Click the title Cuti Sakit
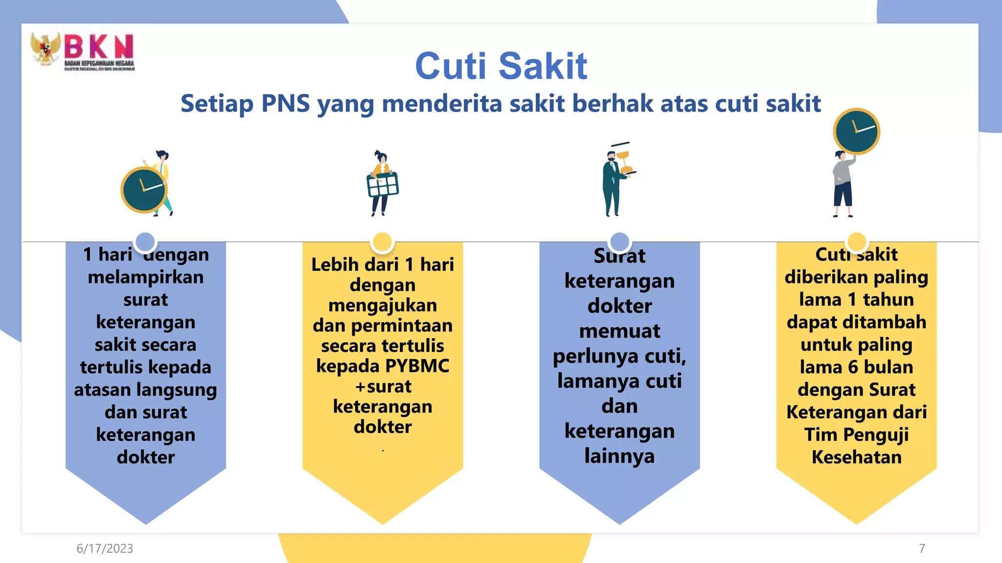click(501, 66)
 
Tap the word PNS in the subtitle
click(285, 104)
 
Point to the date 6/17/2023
click(105, 548)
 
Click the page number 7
click(922, 548)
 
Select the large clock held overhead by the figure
click(856, 131)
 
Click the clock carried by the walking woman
click(144, 190)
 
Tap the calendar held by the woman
click(383, 185)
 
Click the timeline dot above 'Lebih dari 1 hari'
click(382, 242)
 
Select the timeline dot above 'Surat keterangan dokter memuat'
click(619, 242)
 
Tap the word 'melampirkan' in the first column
click(146, 277)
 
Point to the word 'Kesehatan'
click(856, 457)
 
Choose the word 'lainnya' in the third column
click(619, 456)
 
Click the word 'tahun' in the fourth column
click(888, 300)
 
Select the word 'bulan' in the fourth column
click(888, 367)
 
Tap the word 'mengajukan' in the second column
click(383, 305)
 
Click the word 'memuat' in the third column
click(619, 331)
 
